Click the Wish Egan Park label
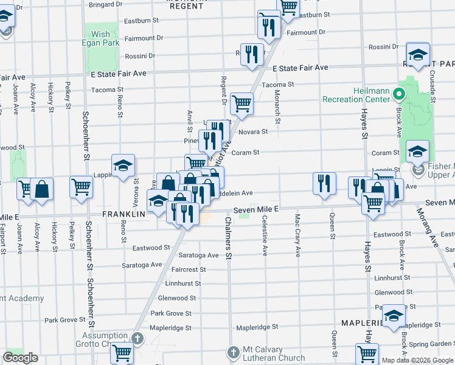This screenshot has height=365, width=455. tap(101, 39)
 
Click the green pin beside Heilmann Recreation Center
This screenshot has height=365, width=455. tap(399, 94)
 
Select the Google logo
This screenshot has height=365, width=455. tap(20, 358)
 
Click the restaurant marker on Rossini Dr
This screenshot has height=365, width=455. tap(252, 54)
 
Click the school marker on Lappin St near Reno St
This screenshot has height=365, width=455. tap(122, 165)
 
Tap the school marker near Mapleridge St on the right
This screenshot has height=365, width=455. tap(394, 315)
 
